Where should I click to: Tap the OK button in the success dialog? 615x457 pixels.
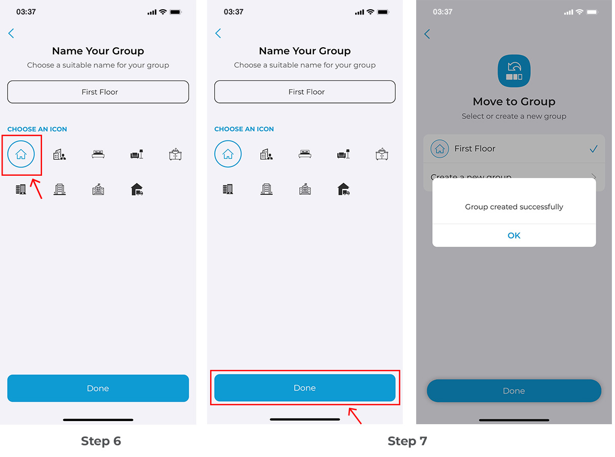point(514,236)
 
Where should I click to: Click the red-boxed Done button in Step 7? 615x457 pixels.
point(304,388)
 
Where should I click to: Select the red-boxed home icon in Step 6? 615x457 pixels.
point(21,154)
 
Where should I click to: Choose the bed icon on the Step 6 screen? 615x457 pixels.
point(98,154)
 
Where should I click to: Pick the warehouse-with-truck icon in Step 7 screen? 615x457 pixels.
point(343,190)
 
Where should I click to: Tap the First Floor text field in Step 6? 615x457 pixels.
point(98,92)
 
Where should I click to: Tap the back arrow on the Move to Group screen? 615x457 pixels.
point(427,34)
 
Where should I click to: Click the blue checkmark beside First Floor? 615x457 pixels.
point(593,149)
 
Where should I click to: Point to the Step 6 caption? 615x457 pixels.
point(101,441)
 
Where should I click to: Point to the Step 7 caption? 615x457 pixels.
point(407,441)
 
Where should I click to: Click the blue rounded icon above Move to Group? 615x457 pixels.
point(514,70)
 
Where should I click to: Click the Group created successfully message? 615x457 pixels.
point(514,207)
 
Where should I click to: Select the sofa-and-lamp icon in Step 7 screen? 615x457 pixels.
point(343,154)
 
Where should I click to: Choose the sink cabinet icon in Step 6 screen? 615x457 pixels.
point(176,154)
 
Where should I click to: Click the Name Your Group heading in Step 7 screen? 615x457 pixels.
point(304,51)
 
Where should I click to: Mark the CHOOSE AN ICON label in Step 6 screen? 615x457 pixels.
point(37,129)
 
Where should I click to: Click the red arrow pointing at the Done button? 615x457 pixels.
point(355,416)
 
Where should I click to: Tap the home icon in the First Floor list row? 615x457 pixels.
point(439,149)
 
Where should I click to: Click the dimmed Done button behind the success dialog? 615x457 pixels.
point(514,391)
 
